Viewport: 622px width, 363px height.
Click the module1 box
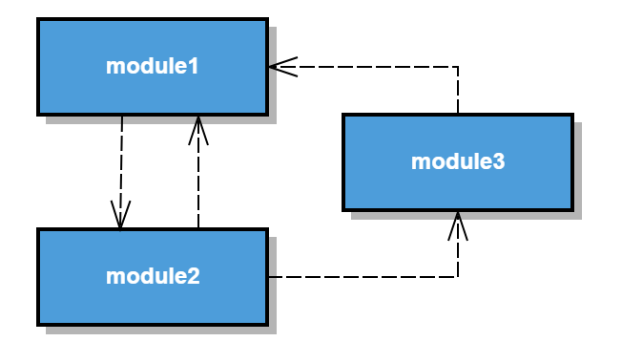click(153, 66)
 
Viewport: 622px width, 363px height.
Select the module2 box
click(153, 276)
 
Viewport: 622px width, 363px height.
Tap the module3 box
click(458, 161)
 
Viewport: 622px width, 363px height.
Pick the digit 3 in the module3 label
click(499, 161)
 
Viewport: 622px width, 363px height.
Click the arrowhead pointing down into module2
click(120, 218)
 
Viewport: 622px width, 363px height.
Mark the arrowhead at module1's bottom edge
click(197, 126)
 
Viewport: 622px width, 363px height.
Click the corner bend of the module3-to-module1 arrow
click(458, 67)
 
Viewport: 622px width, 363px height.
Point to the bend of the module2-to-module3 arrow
click(458, 277)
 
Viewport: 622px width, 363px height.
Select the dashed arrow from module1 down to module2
click(121, 167)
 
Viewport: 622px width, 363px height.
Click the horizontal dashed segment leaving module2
click(363, 277)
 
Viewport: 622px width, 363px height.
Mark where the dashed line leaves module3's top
click(458, 114)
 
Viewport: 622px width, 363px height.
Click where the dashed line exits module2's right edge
click(269, 277)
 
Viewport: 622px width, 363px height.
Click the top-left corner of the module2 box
click(39, 230)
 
